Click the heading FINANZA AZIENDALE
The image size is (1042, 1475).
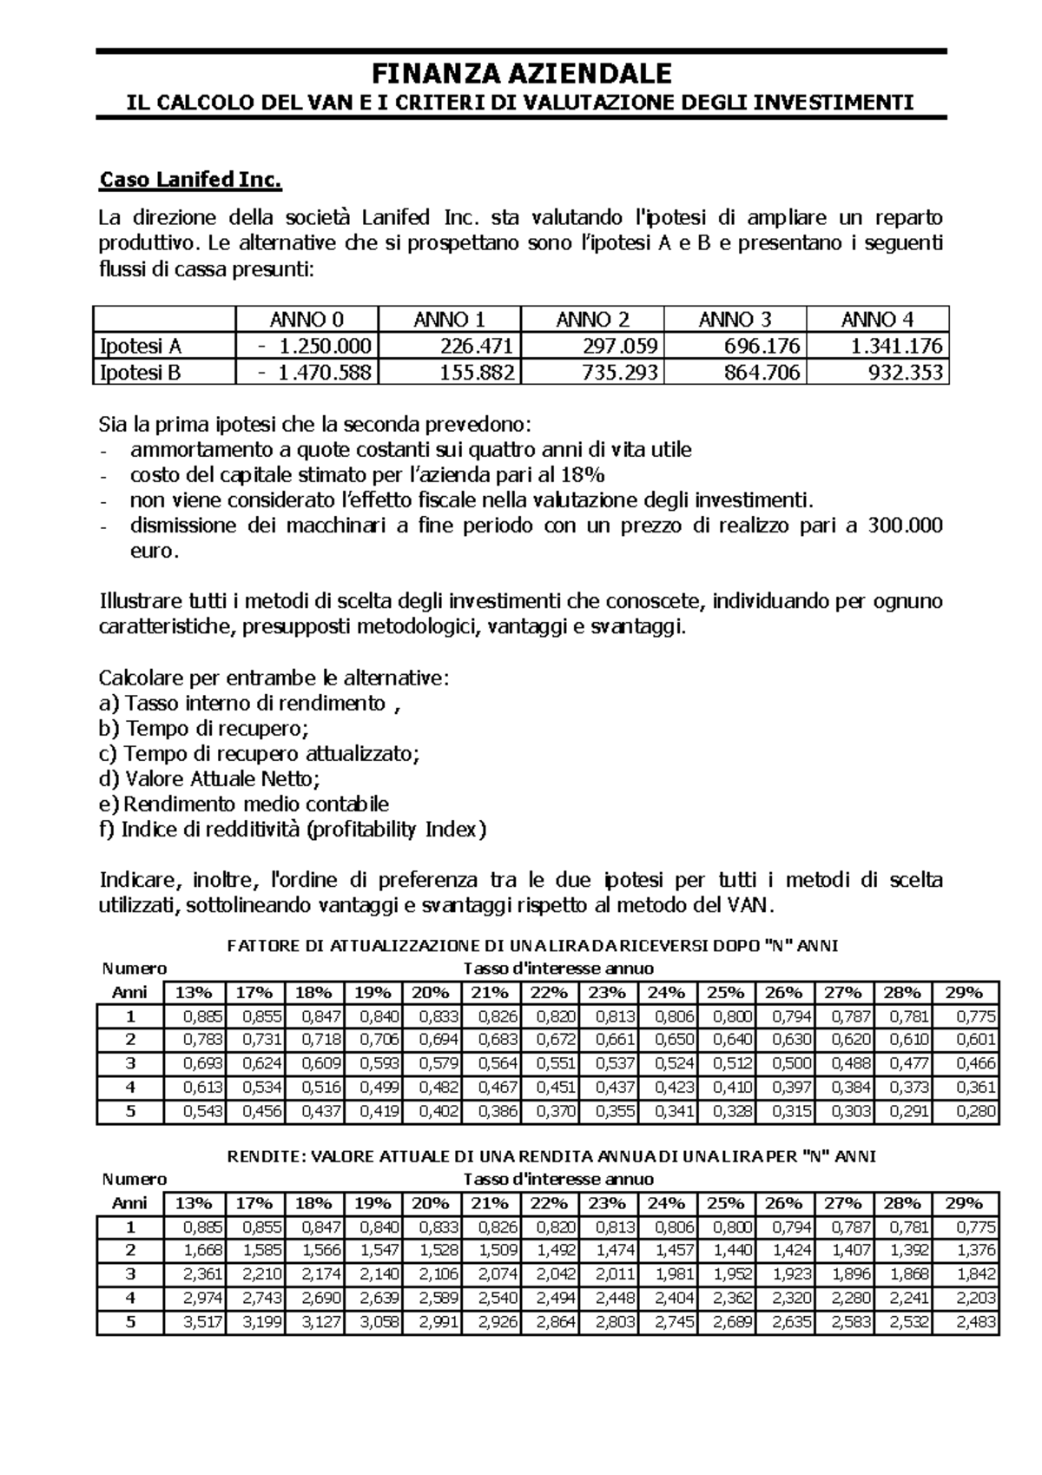click(521, 72)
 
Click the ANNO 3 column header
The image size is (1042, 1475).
click(735, 319)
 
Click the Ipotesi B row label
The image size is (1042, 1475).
click(141, 374)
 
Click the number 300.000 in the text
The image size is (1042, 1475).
click(905, 526)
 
